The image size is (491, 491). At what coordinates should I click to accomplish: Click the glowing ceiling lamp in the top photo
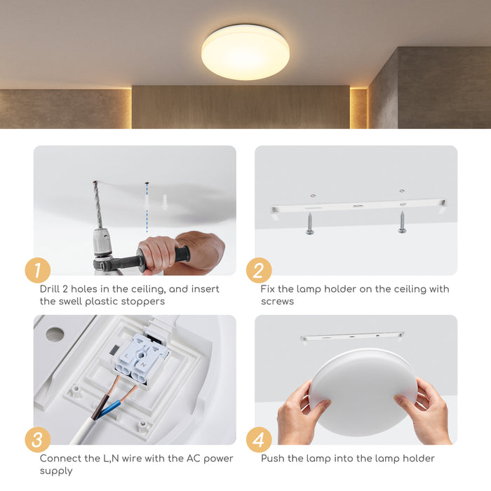click(x=245, y=52)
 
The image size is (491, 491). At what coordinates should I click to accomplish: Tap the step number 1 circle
click(x=37, y=271)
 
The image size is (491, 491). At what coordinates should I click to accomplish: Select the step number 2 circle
click(x=258, y=271)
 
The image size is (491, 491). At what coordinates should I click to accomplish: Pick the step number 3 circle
click(x=37, y=440)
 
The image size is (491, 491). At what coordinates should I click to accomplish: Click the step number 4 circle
click(x=258, y=440)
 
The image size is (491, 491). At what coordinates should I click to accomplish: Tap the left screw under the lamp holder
click(x=309, y=223)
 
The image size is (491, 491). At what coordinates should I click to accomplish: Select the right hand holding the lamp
click(x=425, y=410)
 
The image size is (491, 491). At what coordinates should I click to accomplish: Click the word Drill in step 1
click(x=53, y=289)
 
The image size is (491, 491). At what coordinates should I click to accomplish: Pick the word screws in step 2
click(x=278, y=302)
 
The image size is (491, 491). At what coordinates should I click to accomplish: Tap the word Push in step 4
click(x=274, y=459)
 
